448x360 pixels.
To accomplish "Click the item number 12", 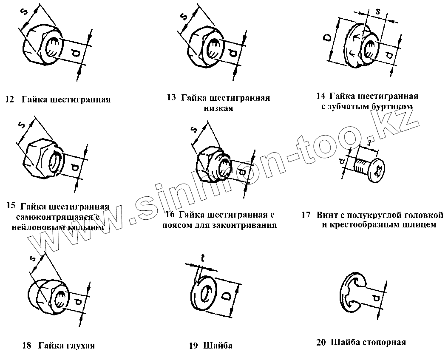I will (9, 100).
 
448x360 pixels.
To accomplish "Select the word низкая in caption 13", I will (218, 108).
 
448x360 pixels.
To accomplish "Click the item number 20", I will (321, 343).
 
